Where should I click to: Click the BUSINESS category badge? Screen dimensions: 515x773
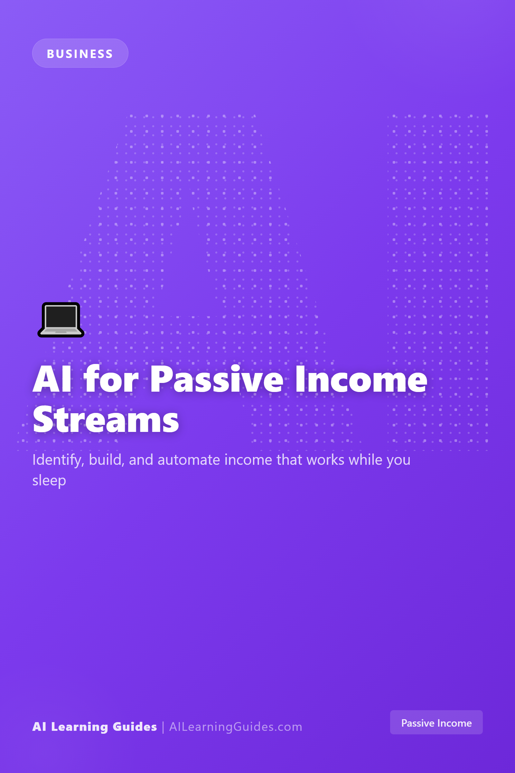[x=80, y=53]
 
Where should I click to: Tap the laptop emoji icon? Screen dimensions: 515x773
[x=61, y=320]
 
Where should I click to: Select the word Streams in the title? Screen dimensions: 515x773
[x=106, y=420]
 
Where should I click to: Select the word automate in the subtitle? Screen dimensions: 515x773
[x=189, y=460]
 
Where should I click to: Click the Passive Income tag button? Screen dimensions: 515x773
[x=436, y=722]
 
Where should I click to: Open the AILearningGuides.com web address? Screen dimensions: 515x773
[x=236, y=727]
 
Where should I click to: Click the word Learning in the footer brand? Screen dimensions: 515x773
[x=80, y=727]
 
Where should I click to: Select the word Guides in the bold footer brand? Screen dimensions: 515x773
[x=135, y=726]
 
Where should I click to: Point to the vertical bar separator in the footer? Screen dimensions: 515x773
[x=163, y=727]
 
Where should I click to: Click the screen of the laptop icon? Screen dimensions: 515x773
[x=61, y=316]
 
